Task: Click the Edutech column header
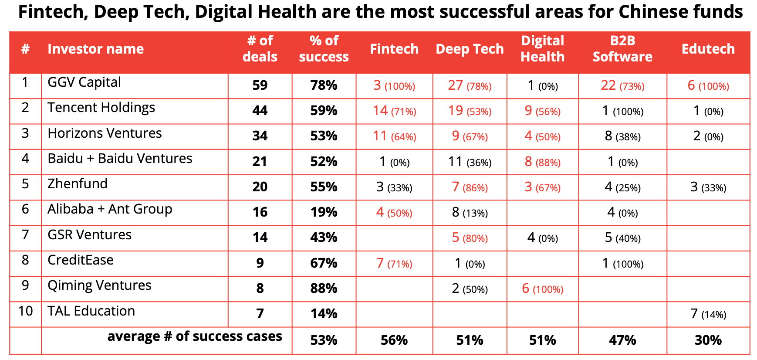pos(708,49)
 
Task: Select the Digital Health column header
pos(542,49)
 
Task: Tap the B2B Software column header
pos(622,49)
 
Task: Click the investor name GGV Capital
pos(84,82)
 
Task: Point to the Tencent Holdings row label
pos(101,108)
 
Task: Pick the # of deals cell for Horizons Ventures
pos(260,136)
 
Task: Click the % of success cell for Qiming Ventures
pos(324,289)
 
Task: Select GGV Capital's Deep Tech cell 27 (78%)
pos(470,85)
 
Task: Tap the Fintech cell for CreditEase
pos(394,263)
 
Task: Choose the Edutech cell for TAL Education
pos(708,314)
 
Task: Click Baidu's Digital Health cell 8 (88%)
pos(542,162)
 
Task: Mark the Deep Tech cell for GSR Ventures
pos(470,238)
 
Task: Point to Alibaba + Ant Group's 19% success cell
pos(324,212)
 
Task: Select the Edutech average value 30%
pos(708,340)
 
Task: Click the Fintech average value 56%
pos(394,340)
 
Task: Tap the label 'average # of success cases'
pos(195,336)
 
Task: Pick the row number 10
pos(25,311)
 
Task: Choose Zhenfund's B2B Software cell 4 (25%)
pos(622,187)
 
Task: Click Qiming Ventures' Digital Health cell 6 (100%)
pos(542,289)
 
